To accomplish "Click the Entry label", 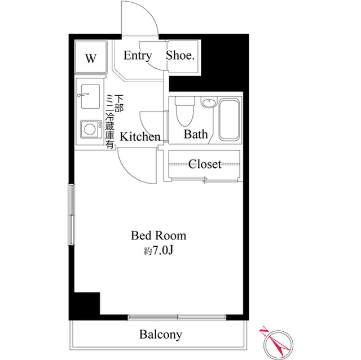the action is click(138, 56).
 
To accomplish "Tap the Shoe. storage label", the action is click(180, 55).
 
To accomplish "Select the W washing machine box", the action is click(91, 57).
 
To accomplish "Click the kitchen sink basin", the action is click(90, 96).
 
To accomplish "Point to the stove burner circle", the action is click(90, 129).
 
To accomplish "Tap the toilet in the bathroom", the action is click(185, 111).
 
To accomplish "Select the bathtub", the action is click(229, 119).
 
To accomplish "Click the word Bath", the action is click(196, 134).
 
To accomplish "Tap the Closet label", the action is click(205, 164).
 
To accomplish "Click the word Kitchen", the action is click(140, 137).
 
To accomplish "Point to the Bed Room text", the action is click(159, 235).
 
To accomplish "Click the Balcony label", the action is click(161, 335).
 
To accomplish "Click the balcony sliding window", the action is click(177, 317).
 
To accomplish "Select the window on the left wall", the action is click(72, 215).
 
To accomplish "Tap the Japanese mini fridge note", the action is click(114, 122).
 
